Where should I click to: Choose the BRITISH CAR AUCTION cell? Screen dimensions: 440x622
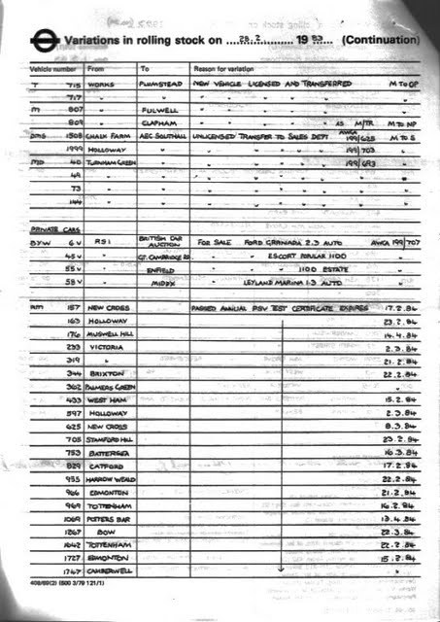click(x=157, y=241)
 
